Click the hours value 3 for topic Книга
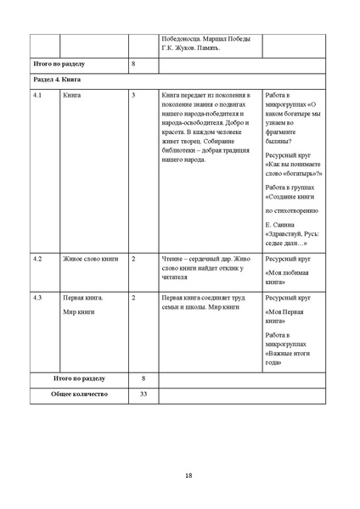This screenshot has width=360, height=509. [x=134, y=96]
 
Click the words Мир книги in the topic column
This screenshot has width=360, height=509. [x=79, y=311]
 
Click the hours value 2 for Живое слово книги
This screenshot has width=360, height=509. [x=134, y=257]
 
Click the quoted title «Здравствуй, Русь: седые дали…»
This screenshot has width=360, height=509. [x=287, y=238]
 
